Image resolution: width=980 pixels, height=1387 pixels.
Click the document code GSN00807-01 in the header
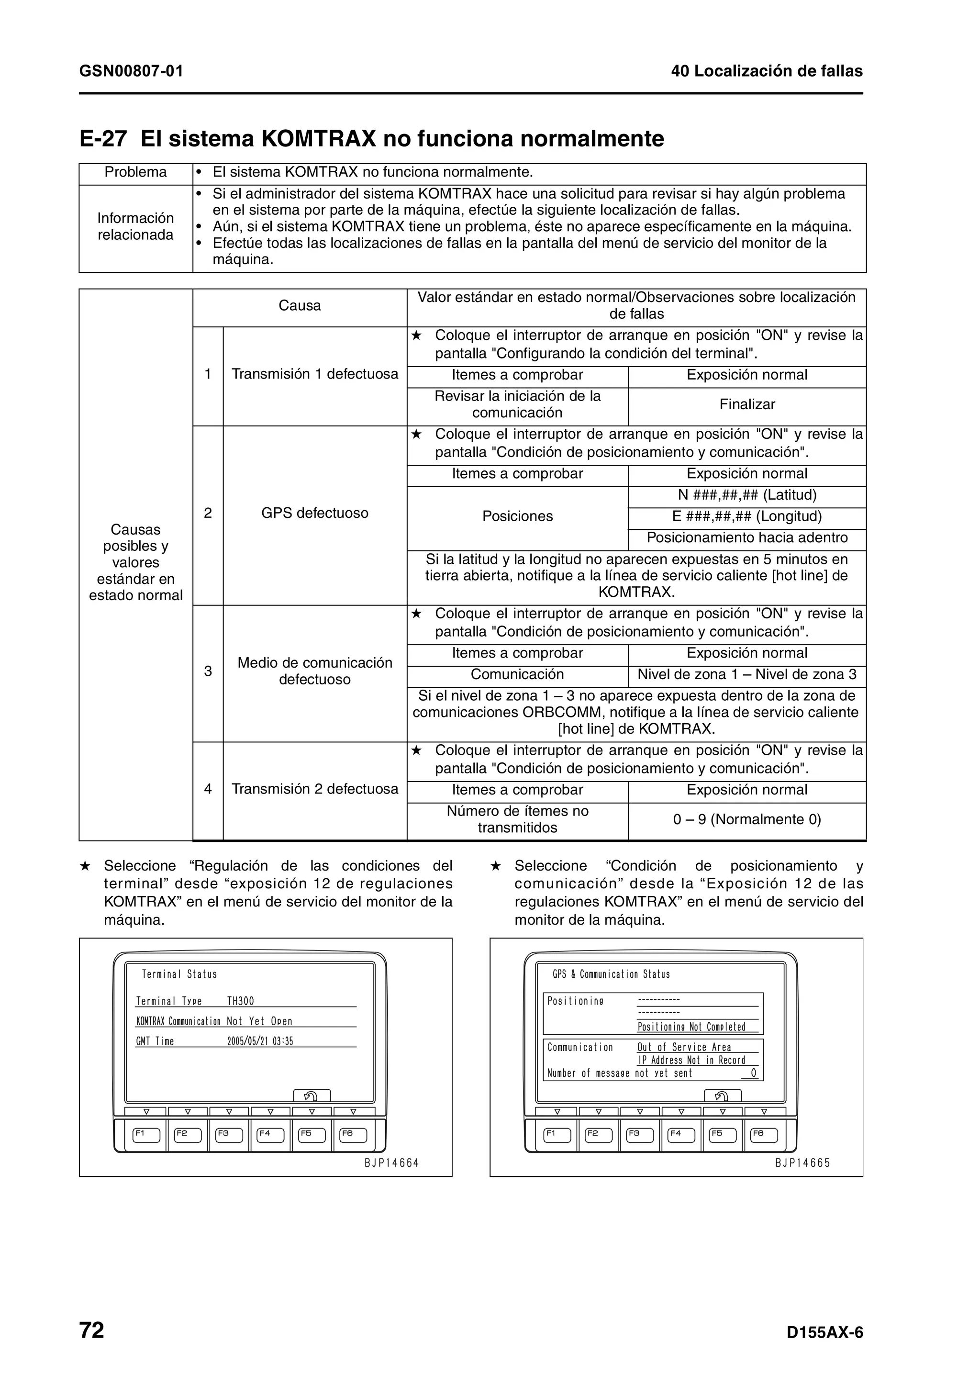click(131, 71)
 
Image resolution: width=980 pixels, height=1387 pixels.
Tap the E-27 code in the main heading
click(103, 139)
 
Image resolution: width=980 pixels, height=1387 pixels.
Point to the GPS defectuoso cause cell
click(314, 514)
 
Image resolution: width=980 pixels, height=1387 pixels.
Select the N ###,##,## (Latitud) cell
click(747, 495)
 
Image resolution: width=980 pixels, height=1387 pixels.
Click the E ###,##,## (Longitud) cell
click(747, 516)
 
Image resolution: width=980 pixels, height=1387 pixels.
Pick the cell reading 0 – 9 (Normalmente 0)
click(747, 820)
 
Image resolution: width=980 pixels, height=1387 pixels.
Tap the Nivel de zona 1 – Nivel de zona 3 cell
click(747, 675)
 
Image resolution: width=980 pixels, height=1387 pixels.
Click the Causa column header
click(300, 306)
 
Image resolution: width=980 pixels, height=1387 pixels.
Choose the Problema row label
click(135, 172)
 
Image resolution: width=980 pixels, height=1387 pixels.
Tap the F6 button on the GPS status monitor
click(764, 1135)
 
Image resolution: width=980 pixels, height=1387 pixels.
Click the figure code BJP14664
click(391, 1163)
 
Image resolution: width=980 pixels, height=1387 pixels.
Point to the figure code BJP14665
click(802, 1163)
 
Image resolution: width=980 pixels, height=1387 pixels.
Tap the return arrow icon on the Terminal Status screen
click(312, 1096)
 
